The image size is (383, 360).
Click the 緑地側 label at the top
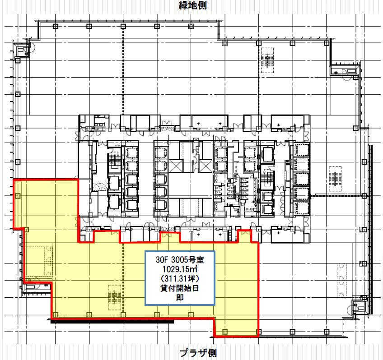(x=193, y=5)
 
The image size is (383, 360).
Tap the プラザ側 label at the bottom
(x=198, y=353)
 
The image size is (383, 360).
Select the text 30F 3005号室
(x=180, y=259)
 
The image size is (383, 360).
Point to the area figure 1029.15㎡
(x=180, y=269)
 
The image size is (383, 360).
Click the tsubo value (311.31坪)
(x=180, y=278)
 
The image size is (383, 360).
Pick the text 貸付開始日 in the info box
(x=180, y=288)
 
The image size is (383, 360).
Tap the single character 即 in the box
(x=180, y=298)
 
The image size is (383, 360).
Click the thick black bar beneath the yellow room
(x=112, y=322)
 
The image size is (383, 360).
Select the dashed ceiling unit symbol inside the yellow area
(x=115, y=298)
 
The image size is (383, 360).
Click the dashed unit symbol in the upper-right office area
(x=267, y=60)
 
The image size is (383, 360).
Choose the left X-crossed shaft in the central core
(x=176, y=166)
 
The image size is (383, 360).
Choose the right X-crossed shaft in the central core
(x=205, y=166)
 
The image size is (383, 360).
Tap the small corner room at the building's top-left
(x=22, y=50)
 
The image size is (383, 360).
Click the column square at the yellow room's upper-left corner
(x=18, y=196)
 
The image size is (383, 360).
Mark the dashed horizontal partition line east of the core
(x=336, y=195)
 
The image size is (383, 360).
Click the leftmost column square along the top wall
(x=55, y=26)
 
